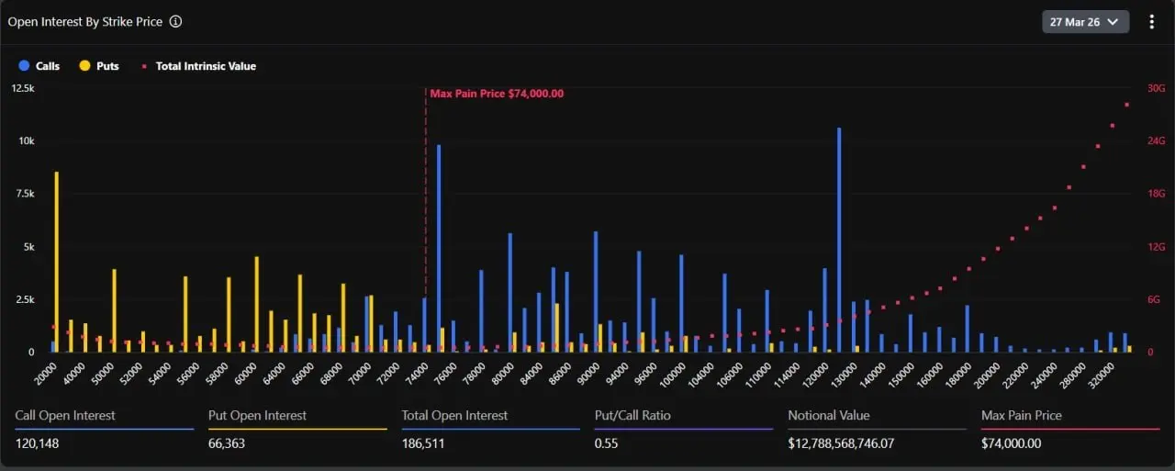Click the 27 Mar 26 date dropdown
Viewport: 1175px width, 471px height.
[x=1085, y=21]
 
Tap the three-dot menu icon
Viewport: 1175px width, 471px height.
[x=1152, y=21]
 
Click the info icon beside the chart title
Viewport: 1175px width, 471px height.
[x=175, y=21]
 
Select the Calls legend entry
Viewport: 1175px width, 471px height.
[x=39, y=66]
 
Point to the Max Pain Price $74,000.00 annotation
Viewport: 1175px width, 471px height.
[x=497, y=94]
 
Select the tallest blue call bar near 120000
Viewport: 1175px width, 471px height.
[x=839, y=239]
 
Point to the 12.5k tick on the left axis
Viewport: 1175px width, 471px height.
[x=23, y=88]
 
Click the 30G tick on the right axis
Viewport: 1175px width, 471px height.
[x=1156, y=88]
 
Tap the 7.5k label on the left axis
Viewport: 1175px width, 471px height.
[x=23, y=194]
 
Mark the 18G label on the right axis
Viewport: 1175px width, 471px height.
[x=1156, y=194]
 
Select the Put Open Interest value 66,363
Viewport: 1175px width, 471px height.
[x=227, y=443]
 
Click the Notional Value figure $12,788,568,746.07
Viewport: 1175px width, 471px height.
[x=855, y=443]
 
